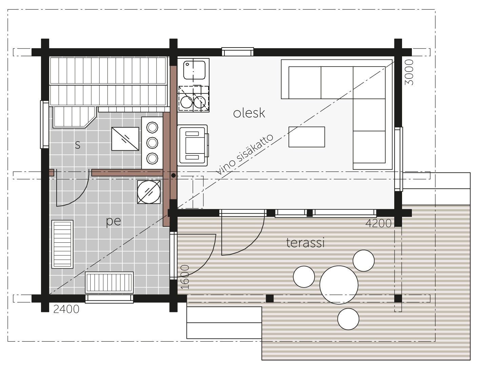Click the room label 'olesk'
pyautogui.click(x=249, y=113)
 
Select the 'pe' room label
pyautogui.click(x=114, y=221)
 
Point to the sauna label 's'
pyautogui.click(x=78, y=145)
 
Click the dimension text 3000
pyautogui.click(x=409, y=72)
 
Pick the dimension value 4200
pyautogui.click(x=378, y=223)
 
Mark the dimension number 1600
pyautogui.click(x=185, y=277)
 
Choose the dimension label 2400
pyautogui.click(x=66, y=309)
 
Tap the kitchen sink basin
pyautogui.click(x=194, y=70)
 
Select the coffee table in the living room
pyautogui.click(x=306, y=137)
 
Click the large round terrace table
pyautogui.click(x=339, y=285)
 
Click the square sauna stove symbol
pyautogui.click(x=125, y=139)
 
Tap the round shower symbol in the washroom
pyautogui.click(x=149, y=192)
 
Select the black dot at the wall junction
pyautogui.click(x=174, y=176)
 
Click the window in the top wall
pyautogui.click(x=238, y=52)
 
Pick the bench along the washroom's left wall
pyautogui.click(x=62, y=244)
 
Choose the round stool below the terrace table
pyautogui.click(x=348, y=319)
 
